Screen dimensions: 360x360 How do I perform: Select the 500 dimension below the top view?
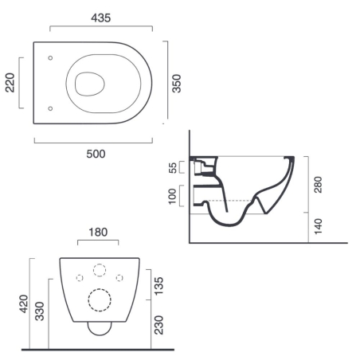96,153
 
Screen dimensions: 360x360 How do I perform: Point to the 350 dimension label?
178,83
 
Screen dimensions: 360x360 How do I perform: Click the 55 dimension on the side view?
174,167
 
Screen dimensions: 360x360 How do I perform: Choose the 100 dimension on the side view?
174,196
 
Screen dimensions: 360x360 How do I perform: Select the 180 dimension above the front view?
99,233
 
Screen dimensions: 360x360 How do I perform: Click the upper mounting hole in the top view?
50,57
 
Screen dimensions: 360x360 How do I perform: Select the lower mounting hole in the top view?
50,108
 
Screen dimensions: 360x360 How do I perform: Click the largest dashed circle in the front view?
100,299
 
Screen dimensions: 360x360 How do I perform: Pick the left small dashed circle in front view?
80,277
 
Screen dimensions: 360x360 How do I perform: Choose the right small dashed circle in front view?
119,277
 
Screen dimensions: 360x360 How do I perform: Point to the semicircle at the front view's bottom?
100,327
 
